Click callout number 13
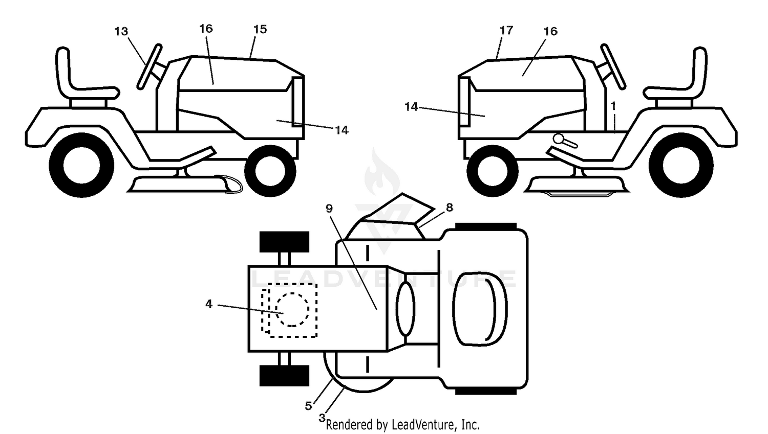(121, 32)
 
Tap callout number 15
(260, 30)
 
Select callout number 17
(506, 31)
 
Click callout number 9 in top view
(329, 208)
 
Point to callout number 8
(449, 207)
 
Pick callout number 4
(209, 304)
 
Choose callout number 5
(308, 406)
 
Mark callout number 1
(613, 106)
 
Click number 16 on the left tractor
(206, 29)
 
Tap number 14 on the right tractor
(411, 107)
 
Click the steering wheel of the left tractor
(149, 67)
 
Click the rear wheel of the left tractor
(81, 165)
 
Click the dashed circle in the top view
(292, 309)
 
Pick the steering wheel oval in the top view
(406, 309)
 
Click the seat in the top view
(480, 309)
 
